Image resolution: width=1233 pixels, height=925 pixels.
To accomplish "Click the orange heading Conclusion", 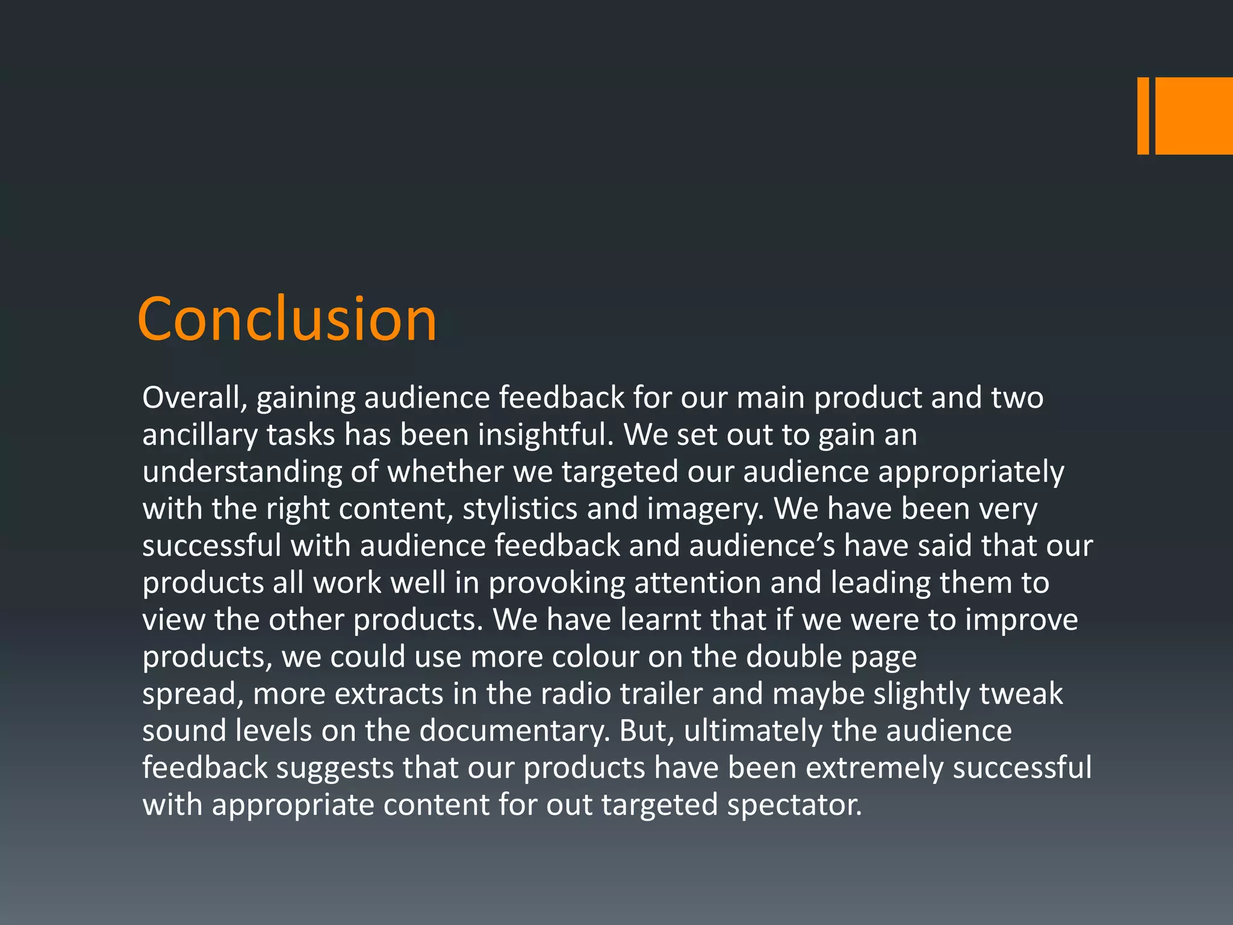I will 287,319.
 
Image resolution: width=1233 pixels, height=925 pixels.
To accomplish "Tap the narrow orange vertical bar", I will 1143,116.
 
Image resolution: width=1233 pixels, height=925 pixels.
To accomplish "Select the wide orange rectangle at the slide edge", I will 1194,116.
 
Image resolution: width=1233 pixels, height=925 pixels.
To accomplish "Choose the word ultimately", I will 753,731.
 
